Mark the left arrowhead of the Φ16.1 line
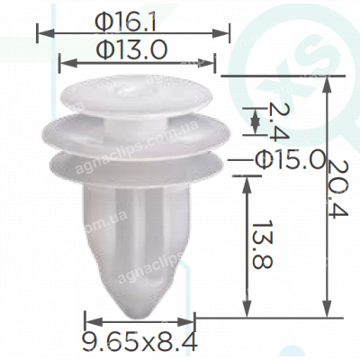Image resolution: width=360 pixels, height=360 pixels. (x=40, y=32)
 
